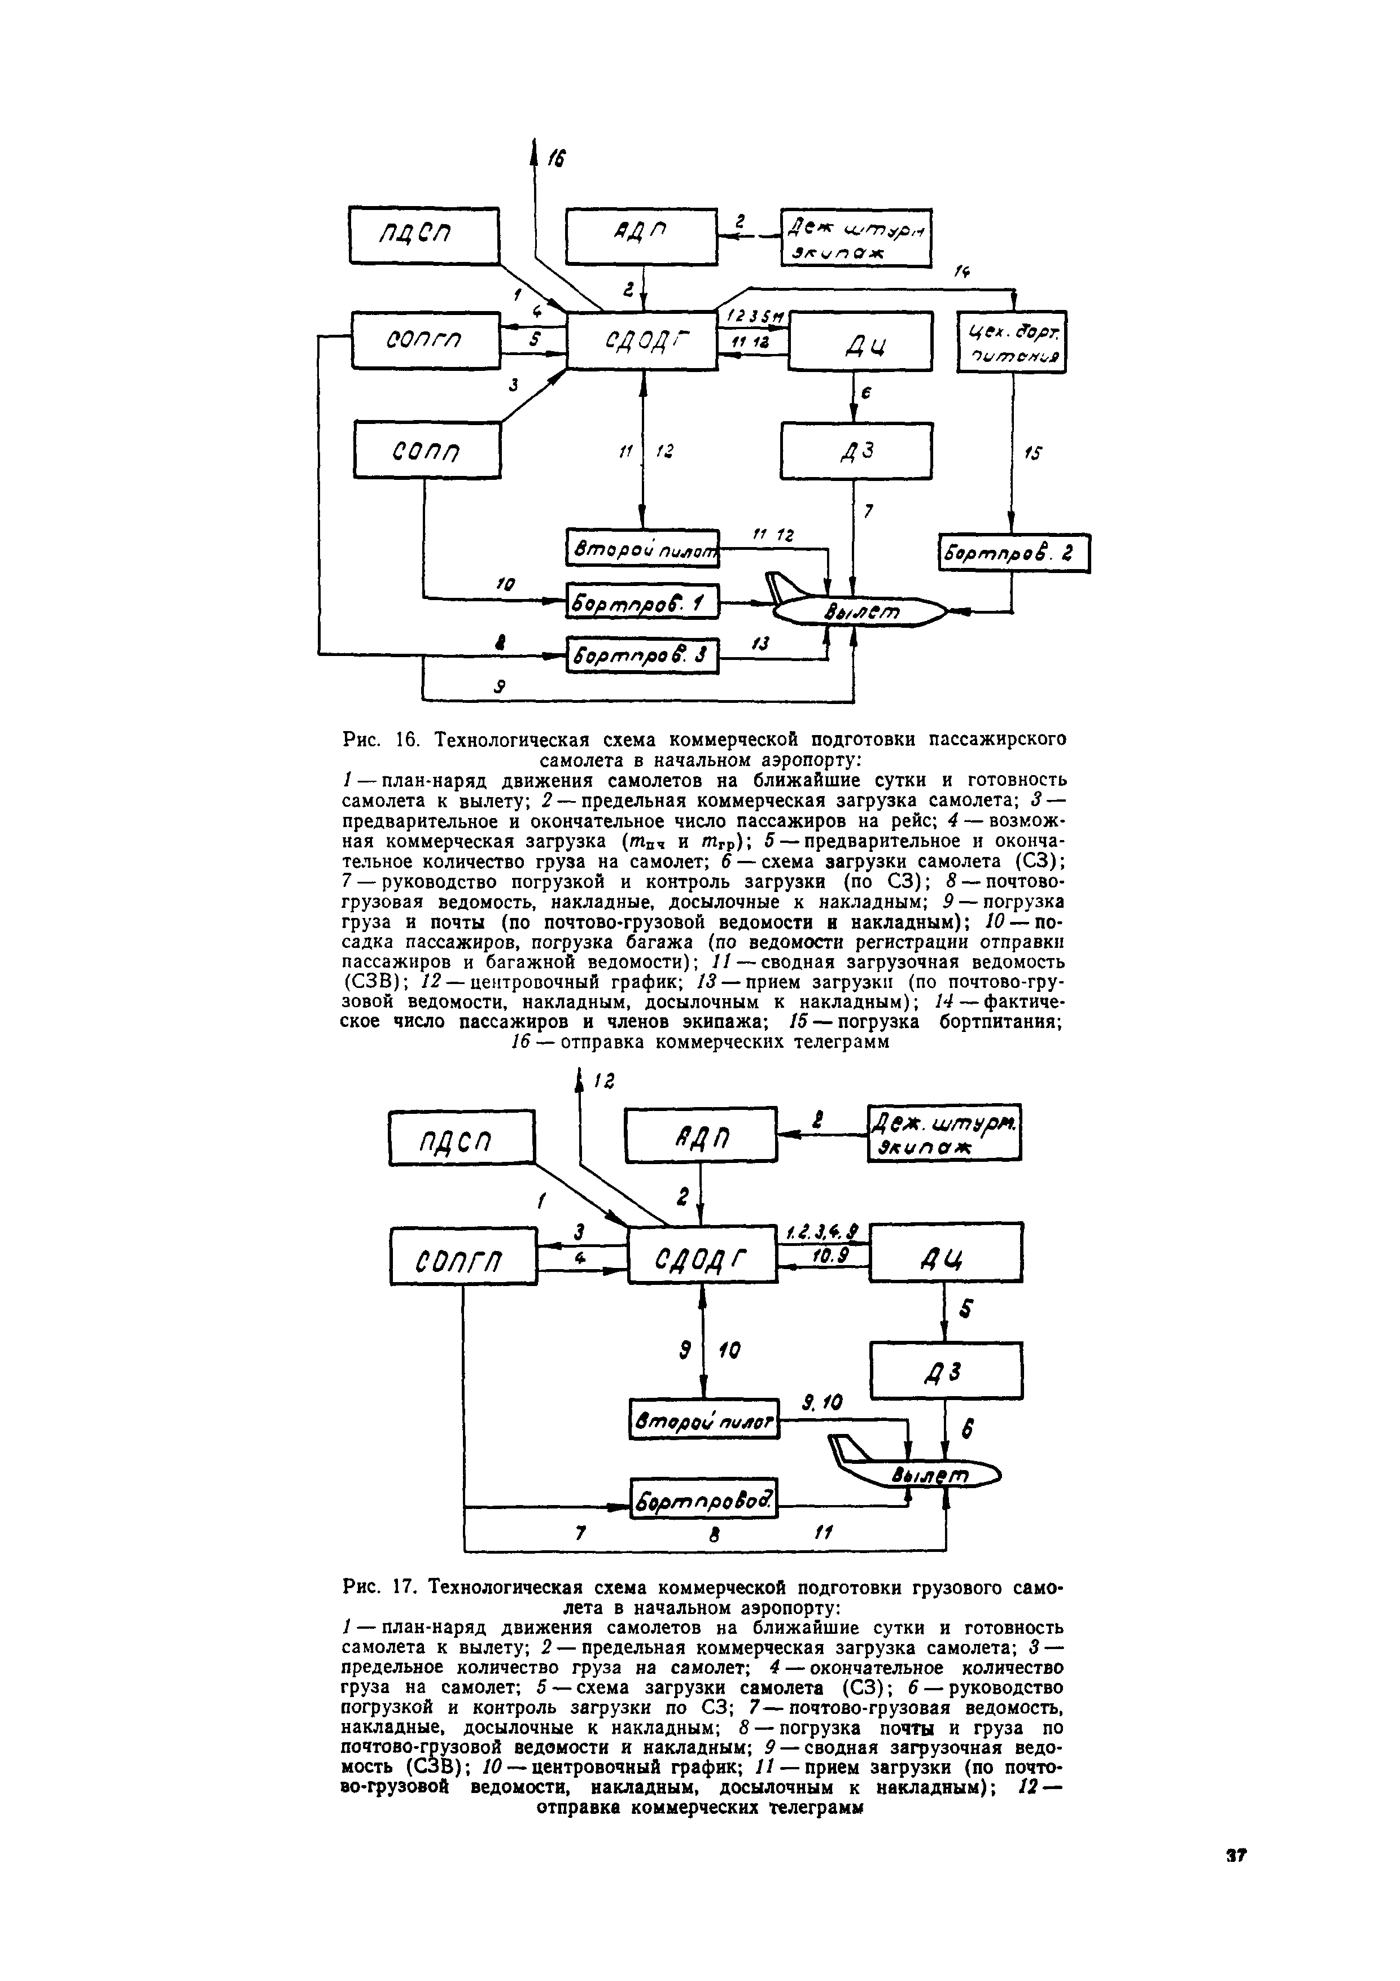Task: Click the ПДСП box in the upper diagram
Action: (425, 235)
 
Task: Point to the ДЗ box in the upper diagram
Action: (856, 449)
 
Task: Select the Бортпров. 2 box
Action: (1013, 553)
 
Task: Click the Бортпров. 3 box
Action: (642, 658)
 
